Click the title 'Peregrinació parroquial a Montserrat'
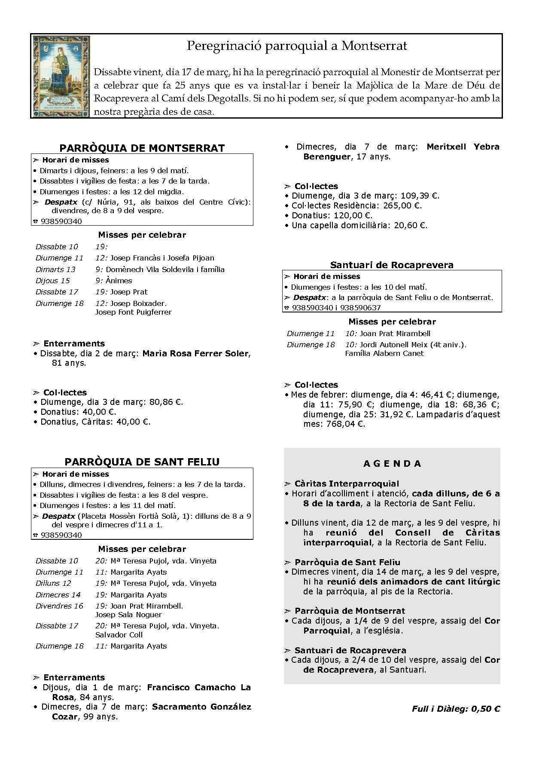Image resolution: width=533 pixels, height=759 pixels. (297, 46)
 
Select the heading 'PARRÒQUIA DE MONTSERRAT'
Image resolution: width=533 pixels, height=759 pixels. (142, 148)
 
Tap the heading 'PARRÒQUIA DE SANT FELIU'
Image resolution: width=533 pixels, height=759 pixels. (142, 462)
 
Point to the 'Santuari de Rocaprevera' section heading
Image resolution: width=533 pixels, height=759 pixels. (392, 265)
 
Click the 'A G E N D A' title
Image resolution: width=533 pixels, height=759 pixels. (392, 464)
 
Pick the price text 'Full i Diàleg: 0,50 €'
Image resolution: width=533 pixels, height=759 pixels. (456, 709)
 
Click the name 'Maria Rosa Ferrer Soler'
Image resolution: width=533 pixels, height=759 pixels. (195, 354)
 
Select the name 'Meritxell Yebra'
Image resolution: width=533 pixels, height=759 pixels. (463, 147)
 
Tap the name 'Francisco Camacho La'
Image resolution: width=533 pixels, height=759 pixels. (199, 688)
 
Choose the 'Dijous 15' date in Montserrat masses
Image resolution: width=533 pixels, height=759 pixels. (52, 281)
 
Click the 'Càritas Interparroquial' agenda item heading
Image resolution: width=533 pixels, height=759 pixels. (347, 484)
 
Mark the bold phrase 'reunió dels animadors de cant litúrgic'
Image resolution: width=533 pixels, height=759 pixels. (413, 582)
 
